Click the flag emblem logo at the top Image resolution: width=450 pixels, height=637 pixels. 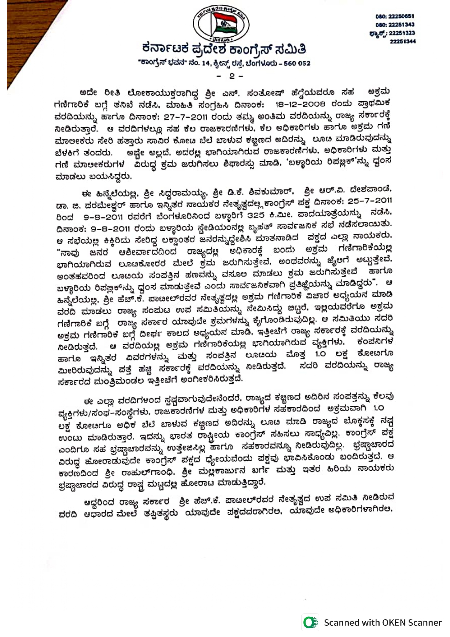point(221,24)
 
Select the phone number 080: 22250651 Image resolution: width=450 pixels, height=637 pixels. point(395,16)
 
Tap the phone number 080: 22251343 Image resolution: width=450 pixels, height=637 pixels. point(395,25)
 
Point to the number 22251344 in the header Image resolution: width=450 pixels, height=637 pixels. point(402,41)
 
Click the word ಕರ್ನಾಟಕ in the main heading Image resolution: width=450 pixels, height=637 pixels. point(166,49)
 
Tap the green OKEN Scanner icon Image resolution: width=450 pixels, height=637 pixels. point(310,622)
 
